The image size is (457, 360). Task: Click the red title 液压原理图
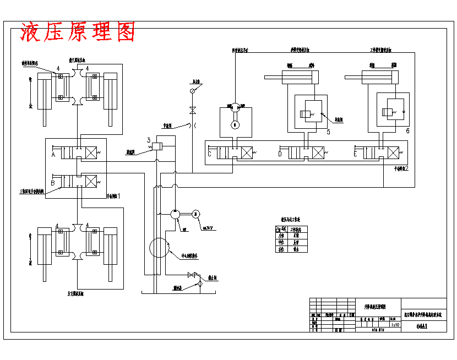click(x=78, y=32)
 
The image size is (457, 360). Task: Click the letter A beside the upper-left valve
click(x=53, y=156)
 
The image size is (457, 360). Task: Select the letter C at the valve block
click(x=210, y=154)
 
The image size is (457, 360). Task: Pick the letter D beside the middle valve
click(x=280, y=154)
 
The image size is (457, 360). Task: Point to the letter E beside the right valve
click(x=355, y=154)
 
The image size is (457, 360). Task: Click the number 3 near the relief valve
click(x=149, y=140)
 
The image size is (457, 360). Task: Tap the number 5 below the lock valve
click(x=328, y=132)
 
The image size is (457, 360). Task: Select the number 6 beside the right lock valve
click(x=407, y=131)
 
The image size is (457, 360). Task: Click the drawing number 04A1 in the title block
click(x=422, y=326)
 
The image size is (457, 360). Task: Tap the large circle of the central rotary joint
click(x=159, y=247)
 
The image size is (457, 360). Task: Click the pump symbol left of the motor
click(x=175, y=214)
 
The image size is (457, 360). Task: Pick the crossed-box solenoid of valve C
click(x=247, y=152)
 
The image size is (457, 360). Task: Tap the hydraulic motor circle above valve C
click(x=235, y=108)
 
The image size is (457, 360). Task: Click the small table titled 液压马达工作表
click(x=291, y=239)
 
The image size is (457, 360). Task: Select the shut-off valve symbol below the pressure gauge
click(x=192, y=110)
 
